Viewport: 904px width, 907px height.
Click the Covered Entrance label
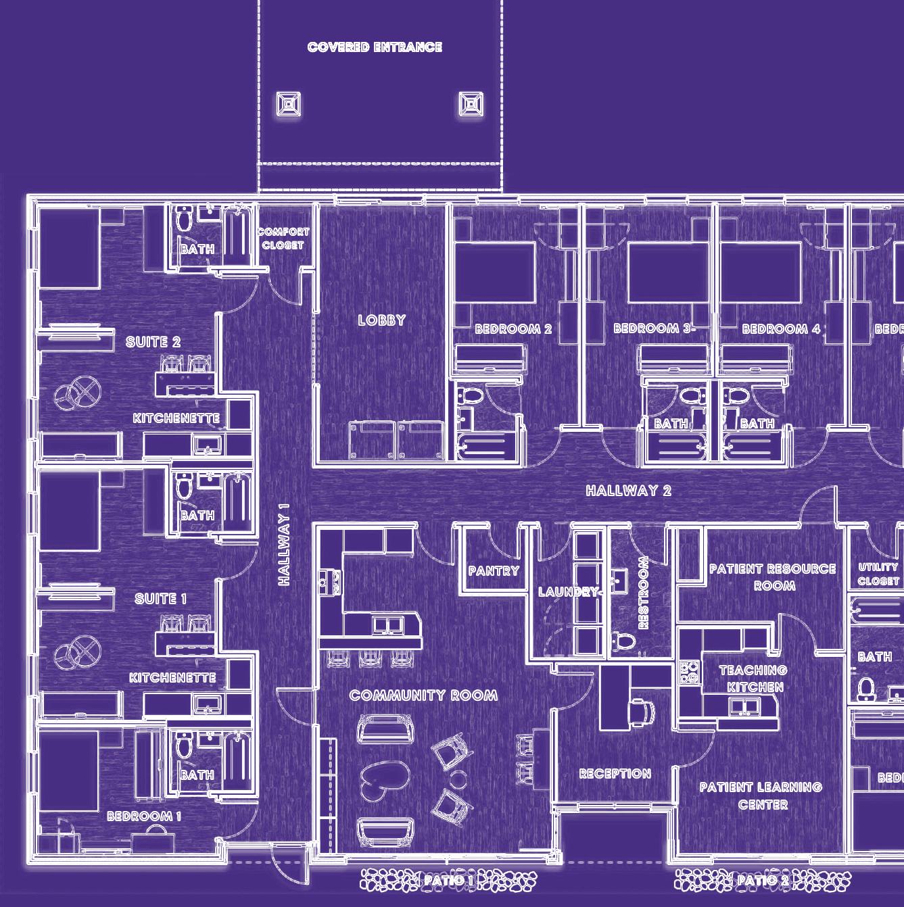tap(375, 47)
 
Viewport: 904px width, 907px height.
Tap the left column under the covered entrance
tap(289, 105)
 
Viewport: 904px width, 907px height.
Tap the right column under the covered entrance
tap(471, 104)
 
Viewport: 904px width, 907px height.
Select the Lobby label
tap(382, 320)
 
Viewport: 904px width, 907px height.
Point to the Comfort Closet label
tap(283, 239)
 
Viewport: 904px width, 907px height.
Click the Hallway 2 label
tap(628, 491)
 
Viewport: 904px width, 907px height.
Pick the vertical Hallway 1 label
tap(284, 544)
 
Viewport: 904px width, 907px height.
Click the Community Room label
tap(424, 695)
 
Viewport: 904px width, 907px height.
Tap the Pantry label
tap(494, 571)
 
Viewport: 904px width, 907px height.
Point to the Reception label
tap(615, 774)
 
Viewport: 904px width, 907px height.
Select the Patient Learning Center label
tap(761, 795)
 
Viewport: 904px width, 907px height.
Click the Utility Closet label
tap(878, 574)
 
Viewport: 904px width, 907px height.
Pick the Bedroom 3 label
tap(652, 328)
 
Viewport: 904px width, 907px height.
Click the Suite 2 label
tap(153, 342)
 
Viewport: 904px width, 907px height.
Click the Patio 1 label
tap(448, 880)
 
